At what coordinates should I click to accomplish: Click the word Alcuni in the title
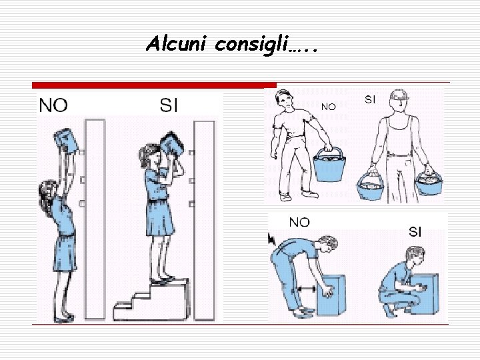coord(176,43)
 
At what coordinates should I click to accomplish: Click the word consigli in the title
coord(252,45)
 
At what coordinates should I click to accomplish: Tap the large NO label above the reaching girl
coord(53,105)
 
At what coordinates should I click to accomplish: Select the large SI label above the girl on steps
coord(169,105)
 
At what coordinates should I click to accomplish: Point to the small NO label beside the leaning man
coord(329,107)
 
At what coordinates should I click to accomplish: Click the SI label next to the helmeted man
coord(370,99)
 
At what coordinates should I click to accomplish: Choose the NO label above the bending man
coord(299,222)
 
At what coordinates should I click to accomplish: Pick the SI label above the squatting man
coord(415,232)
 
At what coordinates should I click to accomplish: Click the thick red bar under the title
coord(154,85)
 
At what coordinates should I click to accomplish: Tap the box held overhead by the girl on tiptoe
coord(66,141)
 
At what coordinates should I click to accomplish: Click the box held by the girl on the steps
coord(172,144)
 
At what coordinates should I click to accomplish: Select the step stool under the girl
coord(152,300)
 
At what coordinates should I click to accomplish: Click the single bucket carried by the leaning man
coord(329,165)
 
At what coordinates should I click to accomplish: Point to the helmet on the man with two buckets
coord(399,95)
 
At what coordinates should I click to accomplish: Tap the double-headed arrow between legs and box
coord(306,289)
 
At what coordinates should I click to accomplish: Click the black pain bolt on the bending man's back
coord(271,239)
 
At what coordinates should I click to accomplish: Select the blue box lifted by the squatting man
coord(425,294)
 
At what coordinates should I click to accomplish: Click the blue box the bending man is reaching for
coord(331,295)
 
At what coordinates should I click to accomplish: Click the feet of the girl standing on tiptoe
coord(64,317)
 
